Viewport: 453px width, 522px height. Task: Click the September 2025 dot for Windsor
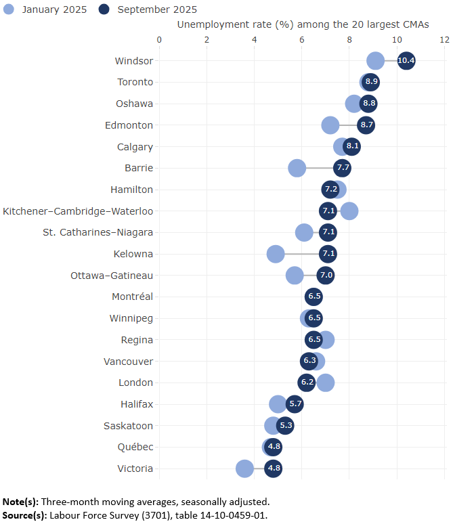coord(406,61)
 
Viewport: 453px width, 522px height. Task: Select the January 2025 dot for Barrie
coord(297,168)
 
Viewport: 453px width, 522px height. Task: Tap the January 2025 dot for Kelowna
coord(276,254)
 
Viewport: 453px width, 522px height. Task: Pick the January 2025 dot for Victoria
coord(244,469)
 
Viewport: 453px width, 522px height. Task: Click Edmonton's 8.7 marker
coord(366,125)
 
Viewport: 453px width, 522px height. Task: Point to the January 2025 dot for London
coord(326,383)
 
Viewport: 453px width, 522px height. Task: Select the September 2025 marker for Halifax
coord(295,404)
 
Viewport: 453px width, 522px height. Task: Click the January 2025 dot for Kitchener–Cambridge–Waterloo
coord(349,211)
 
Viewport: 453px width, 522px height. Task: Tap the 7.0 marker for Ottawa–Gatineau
coord(326,276)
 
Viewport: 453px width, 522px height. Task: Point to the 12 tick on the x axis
coord(444,40)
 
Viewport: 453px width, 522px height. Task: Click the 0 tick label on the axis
coord(159,40)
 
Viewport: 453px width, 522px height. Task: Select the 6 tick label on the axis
coord(302,40)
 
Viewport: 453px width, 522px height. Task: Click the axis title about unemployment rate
coord(303,24)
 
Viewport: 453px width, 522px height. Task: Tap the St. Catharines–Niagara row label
coord(98,232)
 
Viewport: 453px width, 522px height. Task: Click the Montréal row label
coord(132,297)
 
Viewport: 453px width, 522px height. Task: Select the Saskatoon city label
coord(128,426)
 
